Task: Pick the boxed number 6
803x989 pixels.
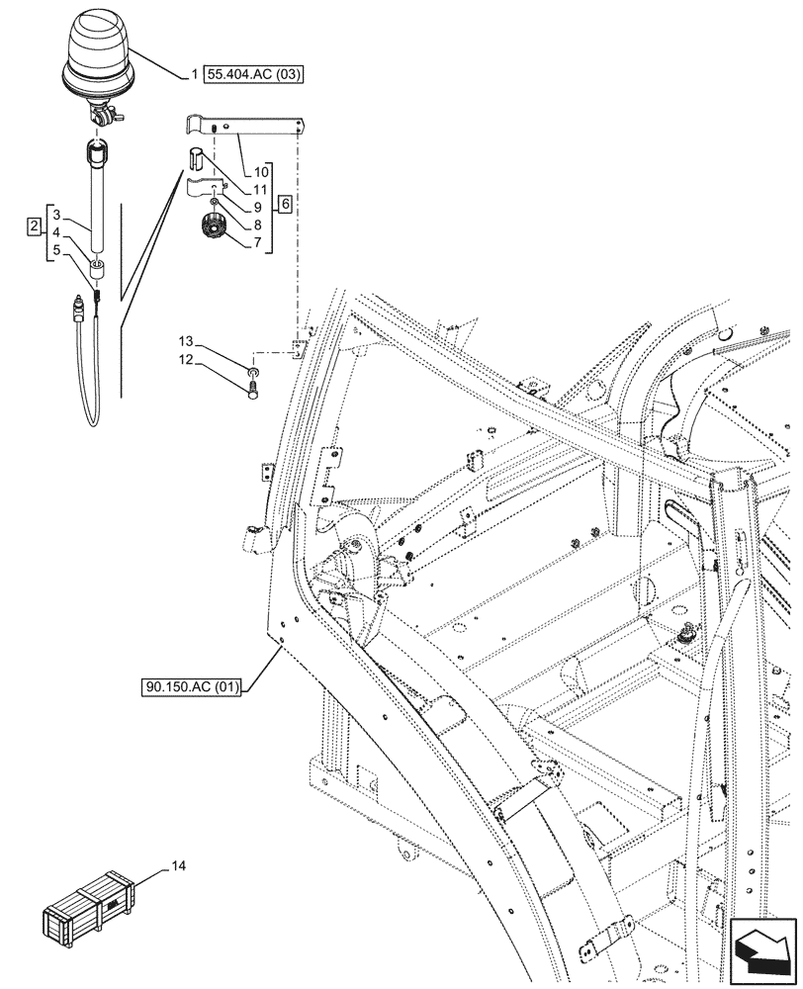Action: [x=285, y=205]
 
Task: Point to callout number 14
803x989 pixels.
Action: [x=179, y=867]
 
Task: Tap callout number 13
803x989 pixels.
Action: [x=186, y=342]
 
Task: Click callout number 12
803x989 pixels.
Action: [x=186, y=360]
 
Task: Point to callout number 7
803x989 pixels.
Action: [x=257, y=241]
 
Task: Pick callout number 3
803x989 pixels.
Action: [x=57, y=215]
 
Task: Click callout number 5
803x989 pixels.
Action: [x=57, y=250]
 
